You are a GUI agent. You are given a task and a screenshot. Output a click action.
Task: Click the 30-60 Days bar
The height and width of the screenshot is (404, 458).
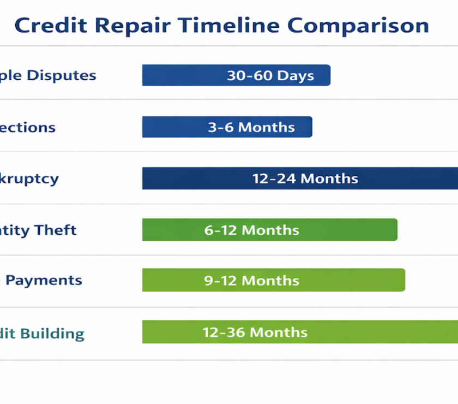pos(236,75)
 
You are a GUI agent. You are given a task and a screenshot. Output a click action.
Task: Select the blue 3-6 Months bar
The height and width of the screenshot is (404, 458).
pos(227,127)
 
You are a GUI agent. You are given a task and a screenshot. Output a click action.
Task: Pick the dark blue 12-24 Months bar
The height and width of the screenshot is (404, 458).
pos(300,179)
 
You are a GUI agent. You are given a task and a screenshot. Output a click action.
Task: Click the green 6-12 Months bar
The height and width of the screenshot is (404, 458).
pos(269,230)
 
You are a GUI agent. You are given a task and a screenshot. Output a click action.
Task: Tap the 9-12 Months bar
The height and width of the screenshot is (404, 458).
pos(273,281)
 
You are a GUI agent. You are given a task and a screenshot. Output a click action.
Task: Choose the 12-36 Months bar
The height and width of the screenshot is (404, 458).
pos(300,332)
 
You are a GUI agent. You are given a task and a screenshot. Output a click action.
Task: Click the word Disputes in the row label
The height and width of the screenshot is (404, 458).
pos(62,75)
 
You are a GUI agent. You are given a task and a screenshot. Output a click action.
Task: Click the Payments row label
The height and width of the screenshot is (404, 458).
pos(44,281)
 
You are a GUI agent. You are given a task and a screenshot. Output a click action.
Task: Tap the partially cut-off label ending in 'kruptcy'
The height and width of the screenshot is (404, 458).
pos(29,179)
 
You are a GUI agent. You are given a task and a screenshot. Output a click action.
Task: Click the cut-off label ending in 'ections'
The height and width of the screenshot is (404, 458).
pos(28,127)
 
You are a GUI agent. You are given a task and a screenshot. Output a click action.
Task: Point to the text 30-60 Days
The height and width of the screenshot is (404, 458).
pos(270,75)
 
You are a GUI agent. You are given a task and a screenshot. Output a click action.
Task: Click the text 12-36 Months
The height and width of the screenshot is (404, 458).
pos(255,332)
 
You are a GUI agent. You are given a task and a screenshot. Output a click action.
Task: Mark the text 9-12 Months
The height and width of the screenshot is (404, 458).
pos(251,281)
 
